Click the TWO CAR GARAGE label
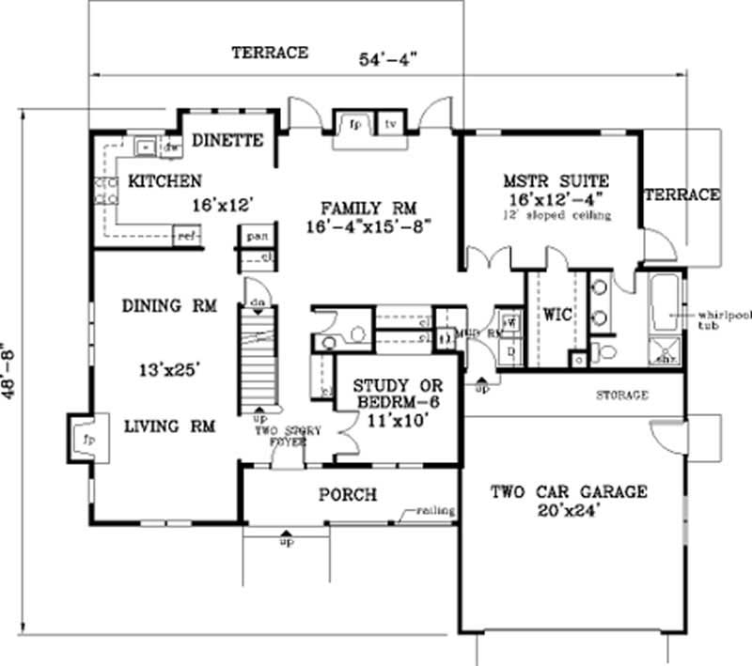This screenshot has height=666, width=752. coord(570,491)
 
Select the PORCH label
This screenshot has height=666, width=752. coord(347,494)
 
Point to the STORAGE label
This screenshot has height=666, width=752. coord(621,395)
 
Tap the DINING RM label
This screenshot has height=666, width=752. coord(169,305)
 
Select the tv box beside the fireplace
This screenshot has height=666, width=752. coord(388,123)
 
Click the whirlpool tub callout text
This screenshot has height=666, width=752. coord(720,319)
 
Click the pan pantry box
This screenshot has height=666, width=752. coord(254,237)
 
